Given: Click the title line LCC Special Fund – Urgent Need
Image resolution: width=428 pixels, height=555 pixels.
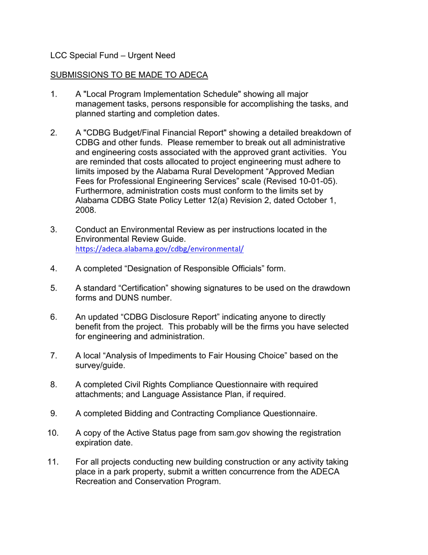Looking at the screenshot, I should [112, 55].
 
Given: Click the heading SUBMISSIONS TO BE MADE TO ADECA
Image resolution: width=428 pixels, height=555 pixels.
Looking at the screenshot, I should [129, 75].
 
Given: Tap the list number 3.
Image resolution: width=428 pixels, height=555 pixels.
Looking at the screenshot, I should [54, 229].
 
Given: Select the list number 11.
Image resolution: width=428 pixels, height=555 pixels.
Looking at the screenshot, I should [53, 462].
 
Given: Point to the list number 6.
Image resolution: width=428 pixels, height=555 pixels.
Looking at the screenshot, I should [54, 317].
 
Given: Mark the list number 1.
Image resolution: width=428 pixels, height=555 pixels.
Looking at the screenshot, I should [54, 94].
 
